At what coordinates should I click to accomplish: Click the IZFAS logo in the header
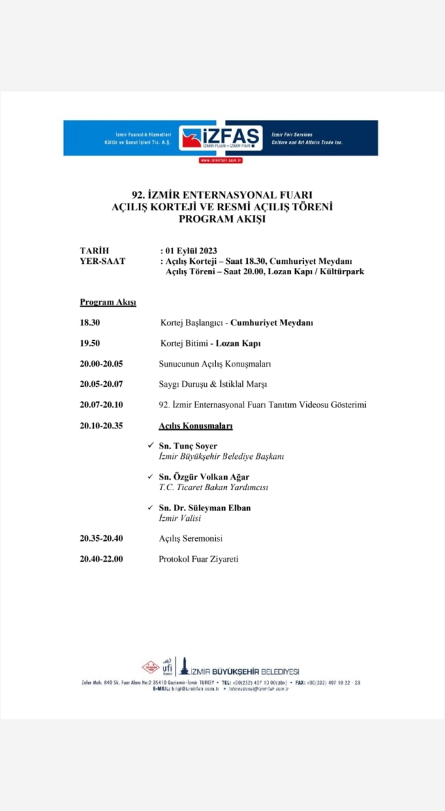point(220,138)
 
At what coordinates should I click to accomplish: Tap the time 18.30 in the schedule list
point(90,323)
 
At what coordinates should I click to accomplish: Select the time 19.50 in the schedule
point(90,343)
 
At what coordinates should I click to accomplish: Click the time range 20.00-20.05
point(101,363)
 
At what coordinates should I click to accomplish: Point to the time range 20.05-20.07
point(101,384)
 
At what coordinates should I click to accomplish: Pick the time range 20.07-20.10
point(101,405)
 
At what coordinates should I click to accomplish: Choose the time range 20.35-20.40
point(101,538)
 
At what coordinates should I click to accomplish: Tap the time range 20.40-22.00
point(101,558)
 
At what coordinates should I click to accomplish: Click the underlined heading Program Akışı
point(108,302)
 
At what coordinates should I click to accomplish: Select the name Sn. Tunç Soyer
point(187,446)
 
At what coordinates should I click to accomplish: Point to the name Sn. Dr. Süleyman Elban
point(205,508)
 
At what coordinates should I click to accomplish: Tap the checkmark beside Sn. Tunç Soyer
point(151,445)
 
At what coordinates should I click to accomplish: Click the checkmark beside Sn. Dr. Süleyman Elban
point(151,507)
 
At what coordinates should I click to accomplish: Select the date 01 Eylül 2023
point(192,251)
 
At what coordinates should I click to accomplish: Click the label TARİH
point(94,251)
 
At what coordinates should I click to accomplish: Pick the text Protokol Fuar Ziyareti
point(199,558)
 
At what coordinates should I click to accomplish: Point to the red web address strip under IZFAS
point(220,160)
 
